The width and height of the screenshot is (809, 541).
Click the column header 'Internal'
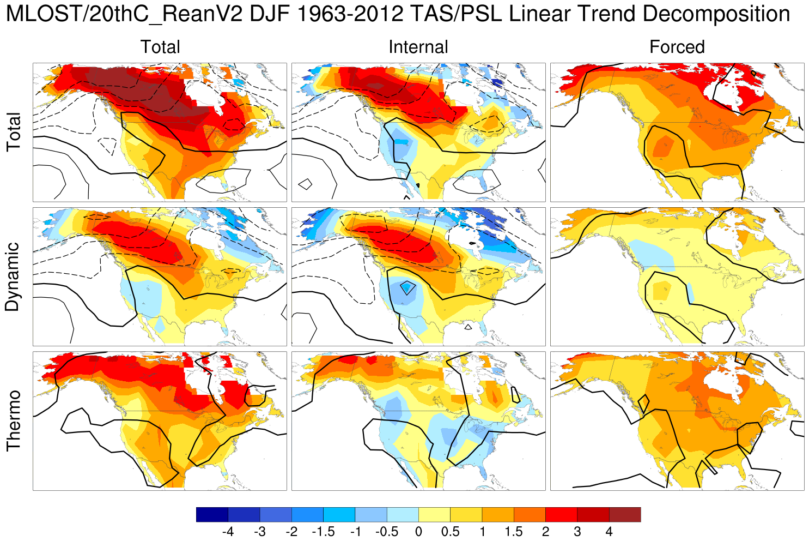point(418,47)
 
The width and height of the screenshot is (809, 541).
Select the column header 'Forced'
point(677,47)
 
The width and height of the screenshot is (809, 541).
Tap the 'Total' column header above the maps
point(160,47)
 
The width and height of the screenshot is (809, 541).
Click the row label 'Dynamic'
point(13,276)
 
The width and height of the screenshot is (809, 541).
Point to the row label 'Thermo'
point(13,420)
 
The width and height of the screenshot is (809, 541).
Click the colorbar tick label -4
point(228,531)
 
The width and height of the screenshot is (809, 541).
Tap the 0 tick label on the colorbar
point(418,531)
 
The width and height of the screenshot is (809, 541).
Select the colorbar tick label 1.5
point(513,531)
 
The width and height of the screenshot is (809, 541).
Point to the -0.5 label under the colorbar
point(386,531)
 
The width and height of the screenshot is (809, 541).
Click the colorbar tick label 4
point(609,531)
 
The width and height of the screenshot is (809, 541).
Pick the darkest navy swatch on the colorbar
point(212,514)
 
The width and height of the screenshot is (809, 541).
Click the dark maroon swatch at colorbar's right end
point(625,514)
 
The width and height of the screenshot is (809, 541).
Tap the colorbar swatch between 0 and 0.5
point(434,514)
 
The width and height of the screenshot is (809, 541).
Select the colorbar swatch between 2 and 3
point(561,514)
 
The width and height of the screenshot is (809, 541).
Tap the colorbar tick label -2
point(291,531)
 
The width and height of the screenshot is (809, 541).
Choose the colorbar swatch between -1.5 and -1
point(339,514)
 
